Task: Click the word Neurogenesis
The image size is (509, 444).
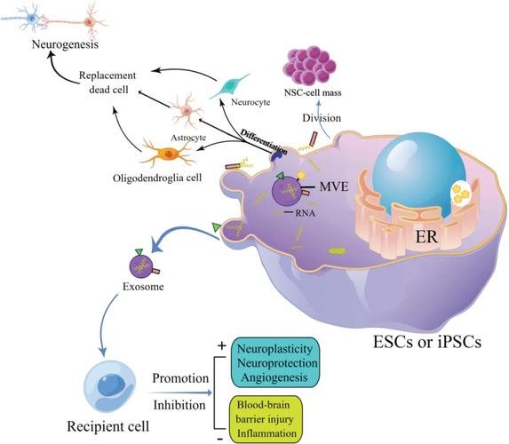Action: [65, 44]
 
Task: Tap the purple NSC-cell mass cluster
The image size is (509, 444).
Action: [309, 65]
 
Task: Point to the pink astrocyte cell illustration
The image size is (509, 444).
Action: [187, 110]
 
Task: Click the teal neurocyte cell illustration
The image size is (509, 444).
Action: [229, 86]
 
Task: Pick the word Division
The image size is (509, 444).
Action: [322, 118]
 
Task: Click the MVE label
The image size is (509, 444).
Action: [334, 186]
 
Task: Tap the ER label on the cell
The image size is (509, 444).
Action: [426, 237]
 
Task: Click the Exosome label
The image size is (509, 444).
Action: [143, 287]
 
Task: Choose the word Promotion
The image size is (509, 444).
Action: [180, 378]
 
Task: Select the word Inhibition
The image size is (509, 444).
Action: [179, 405]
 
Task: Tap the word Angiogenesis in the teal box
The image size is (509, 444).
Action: [274, 377]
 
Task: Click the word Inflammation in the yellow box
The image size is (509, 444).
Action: [266, 433]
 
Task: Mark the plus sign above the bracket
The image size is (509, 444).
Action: [222, 346]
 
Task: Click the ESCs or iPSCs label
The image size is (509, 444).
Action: [427, 342]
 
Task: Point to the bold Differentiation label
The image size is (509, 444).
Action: [264, 141]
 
